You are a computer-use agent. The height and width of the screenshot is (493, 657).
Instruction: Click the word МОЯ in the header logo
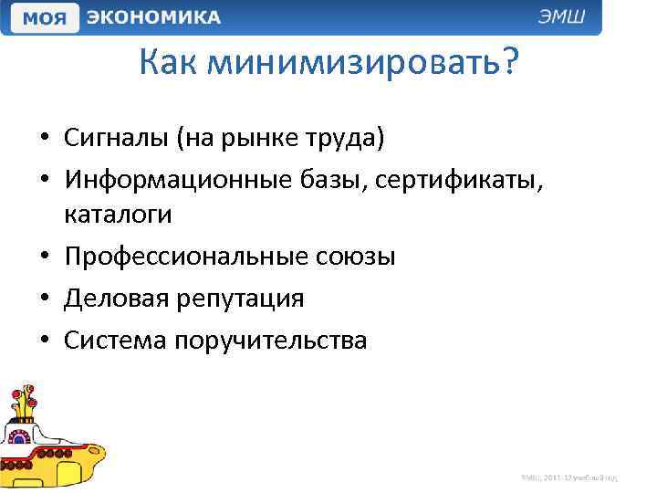[42, 18]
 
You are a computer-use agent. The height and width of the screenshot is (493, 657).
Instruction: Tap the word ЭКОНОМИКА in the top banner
[153, 17]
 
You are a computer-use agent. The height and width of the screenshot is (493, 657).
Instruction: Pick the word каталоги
[118, 215]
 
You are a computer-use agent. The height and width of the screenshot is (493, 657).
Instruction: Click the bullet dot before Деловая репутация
[44, 299]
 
